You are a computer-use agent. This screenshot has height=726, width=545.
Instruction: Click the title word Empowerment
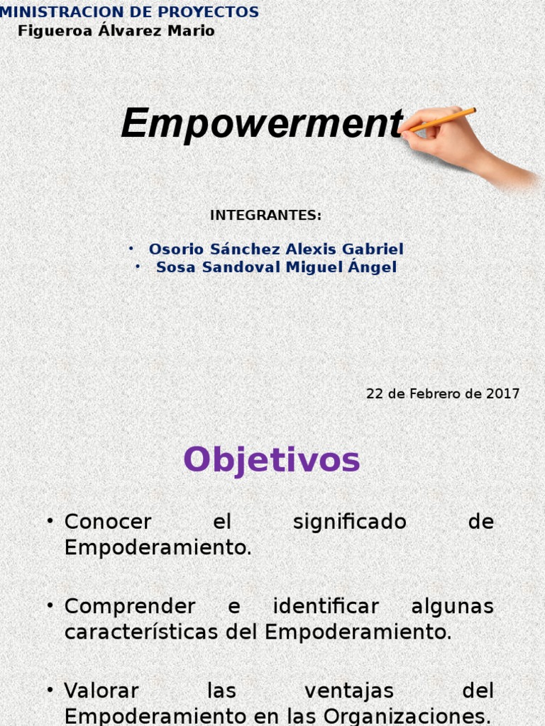pyautogui.click(x=262, y=124)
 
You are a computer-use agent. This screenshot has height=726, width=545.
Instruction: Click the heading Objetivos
pyautogui.click(x=272, y=461)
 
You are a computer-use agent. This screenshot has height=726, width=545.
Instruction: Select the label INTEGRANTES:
pyautogui.click(x=266, y=216)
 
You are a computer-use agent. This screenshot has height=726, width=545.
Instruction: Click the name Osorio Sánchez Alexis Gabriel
pyautogui.click(x=276, y=250)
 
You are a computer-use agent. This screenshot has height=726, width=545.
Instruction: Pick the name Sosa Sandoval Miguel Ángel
pyautogui.click(x=276, y=267)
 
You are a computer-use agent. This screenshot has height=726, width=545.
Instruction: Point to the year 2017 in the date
pyautogui.click(x=503, y=393)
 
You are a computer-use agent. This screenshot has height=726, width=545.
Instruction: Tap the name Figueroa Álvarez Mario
pyautogui.click(x=116, y=31)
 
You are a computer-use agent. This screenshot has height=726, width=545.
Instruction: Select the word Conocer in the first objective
pyautogui.click(x=108, y=522)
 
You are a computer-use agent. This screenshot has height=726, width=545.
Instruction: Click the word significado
pyautogui.click(x=350, y=522)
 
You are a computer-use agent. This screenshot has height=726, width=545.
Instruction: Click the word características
pyautogui.click(x=143, y=632)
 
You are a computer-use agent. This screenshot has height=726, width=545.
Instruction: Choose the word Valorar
pyautogui.click(x=101, y=691)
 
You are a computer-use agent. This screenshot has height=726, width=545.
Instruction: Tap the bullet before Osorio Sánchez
pyautogui.click(x=131, y=249)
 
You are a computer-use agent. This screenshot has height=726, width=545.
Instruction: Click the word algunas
pyautogui.click(x=452, y=606)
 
